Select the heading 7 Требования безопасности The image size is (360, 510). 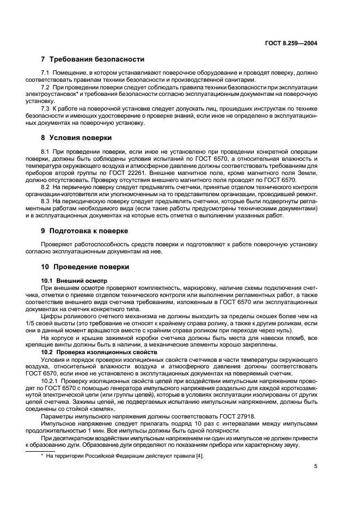(x=93, y=59)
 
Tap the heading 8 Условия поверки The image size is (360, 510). (x=76, y=137)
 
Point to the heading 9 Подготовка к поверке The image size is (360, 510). (x=84, y=230)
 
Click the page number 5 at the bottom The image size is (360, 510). (x=315, y=466)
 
